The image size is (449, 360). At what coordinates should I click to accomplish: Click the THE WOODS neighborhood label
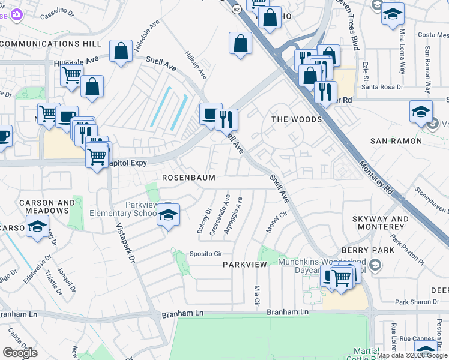[297, 119]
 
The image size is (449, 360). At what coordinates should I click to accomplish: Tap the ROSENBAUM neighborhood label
[188, 178]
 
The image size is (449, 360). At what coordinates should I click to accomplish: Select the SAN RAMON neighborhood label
[396, 141]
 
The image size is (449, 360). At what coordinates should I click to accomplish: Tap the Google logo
[20, 352]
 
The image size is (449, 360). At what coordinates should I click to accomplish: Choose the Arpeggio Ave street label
[233, 216]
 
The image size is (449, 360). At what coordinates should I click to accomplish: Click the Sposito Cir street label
[206, 254]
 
